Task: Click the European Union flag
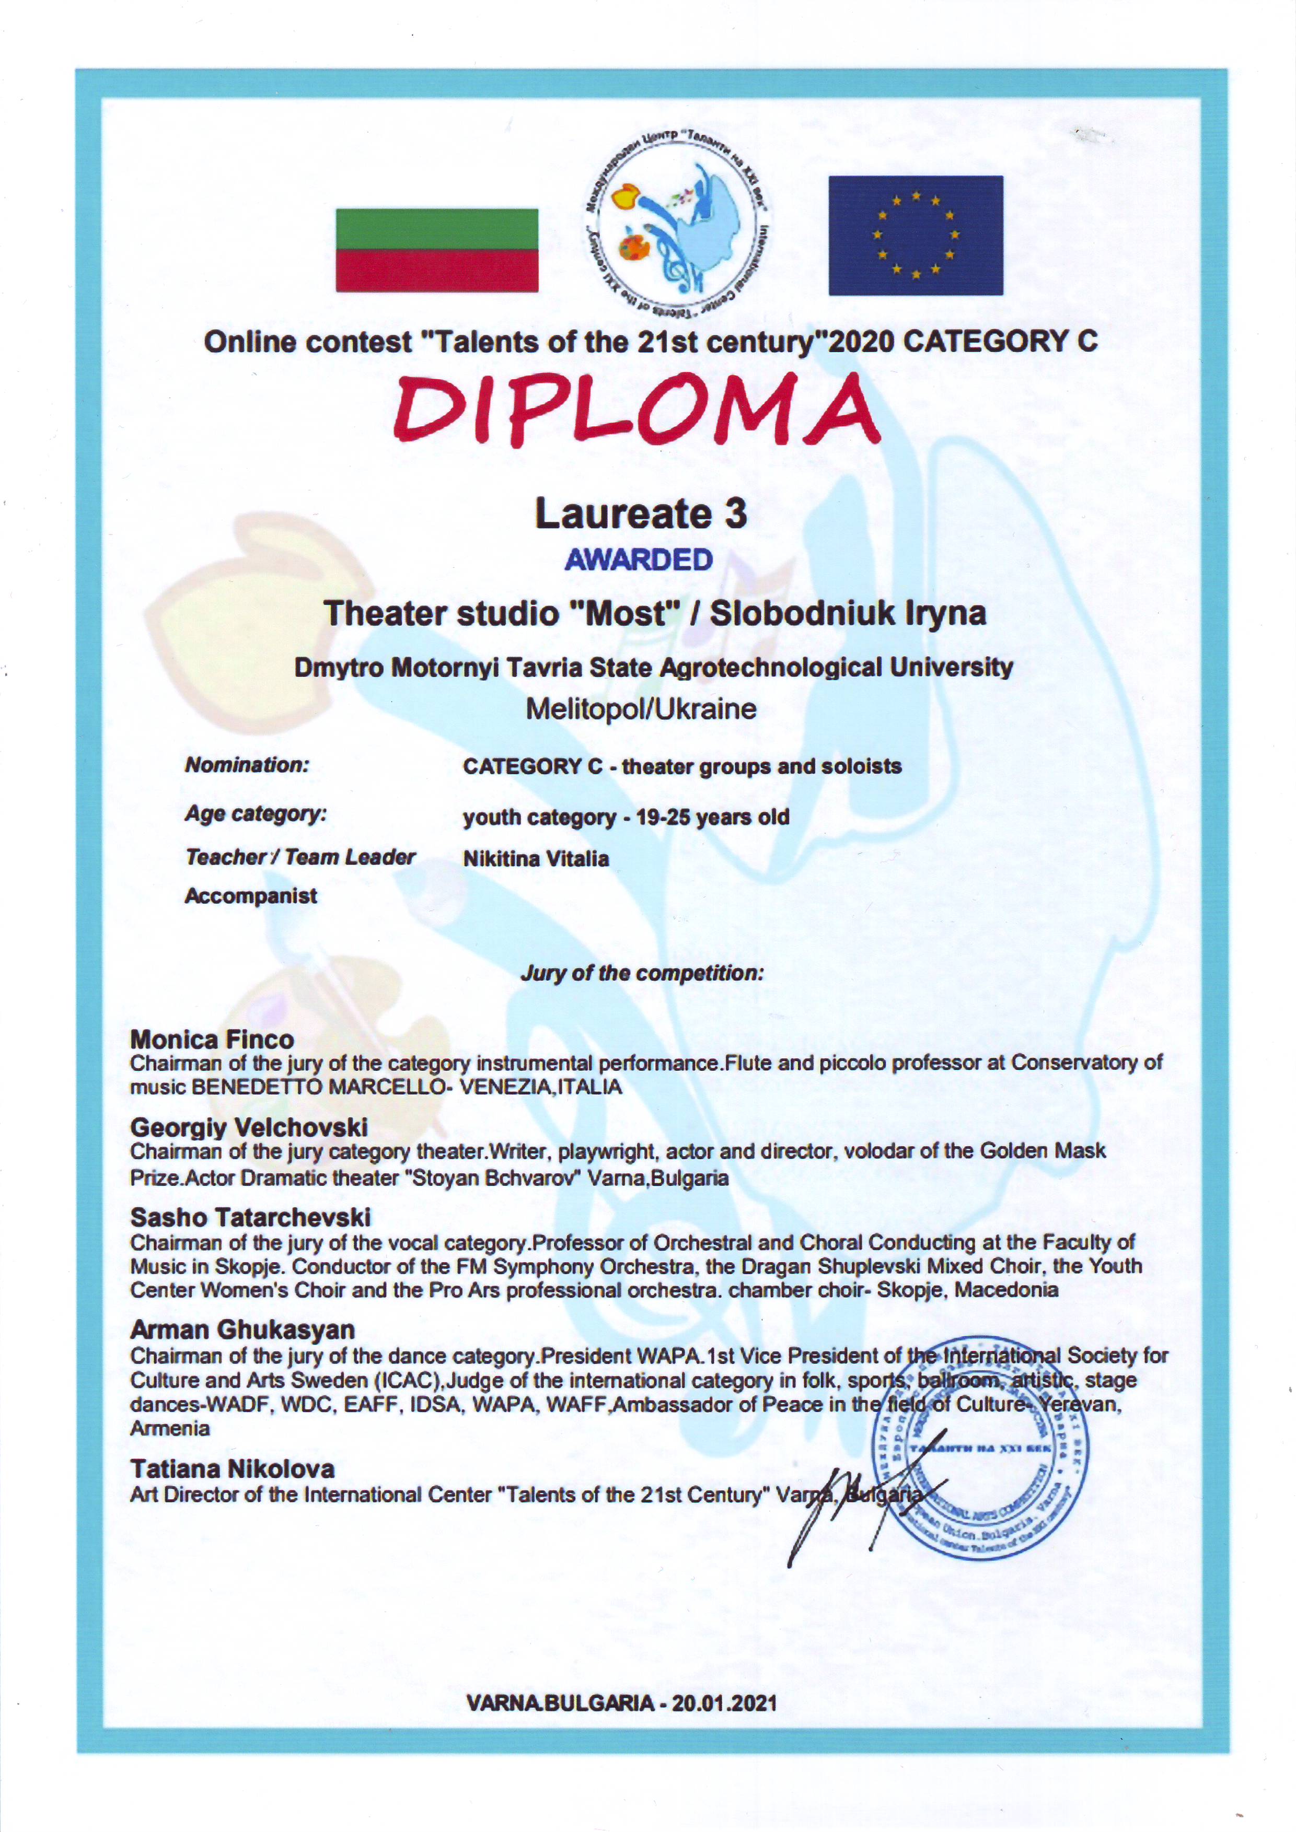tap(916, 236)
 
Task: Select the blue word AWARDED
tap(639, 559)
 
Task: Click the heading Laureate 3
tap(640, 513)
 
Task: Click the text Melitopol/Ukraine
tap(640, 708)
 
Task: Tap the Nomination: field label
tap(247, 764)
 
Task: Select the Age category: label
tap(256, 814)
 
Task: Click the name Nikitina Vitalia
tap(536, 859)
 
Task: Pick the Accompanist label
tap(251, 896)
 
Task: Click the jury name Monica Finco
tap(212, 1039)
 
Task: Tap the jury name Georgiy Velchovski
tap(249, 1127)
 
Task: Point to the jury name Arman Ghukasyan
tap(242, 1329)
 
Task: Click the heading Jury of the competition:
tap(642, 973)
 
